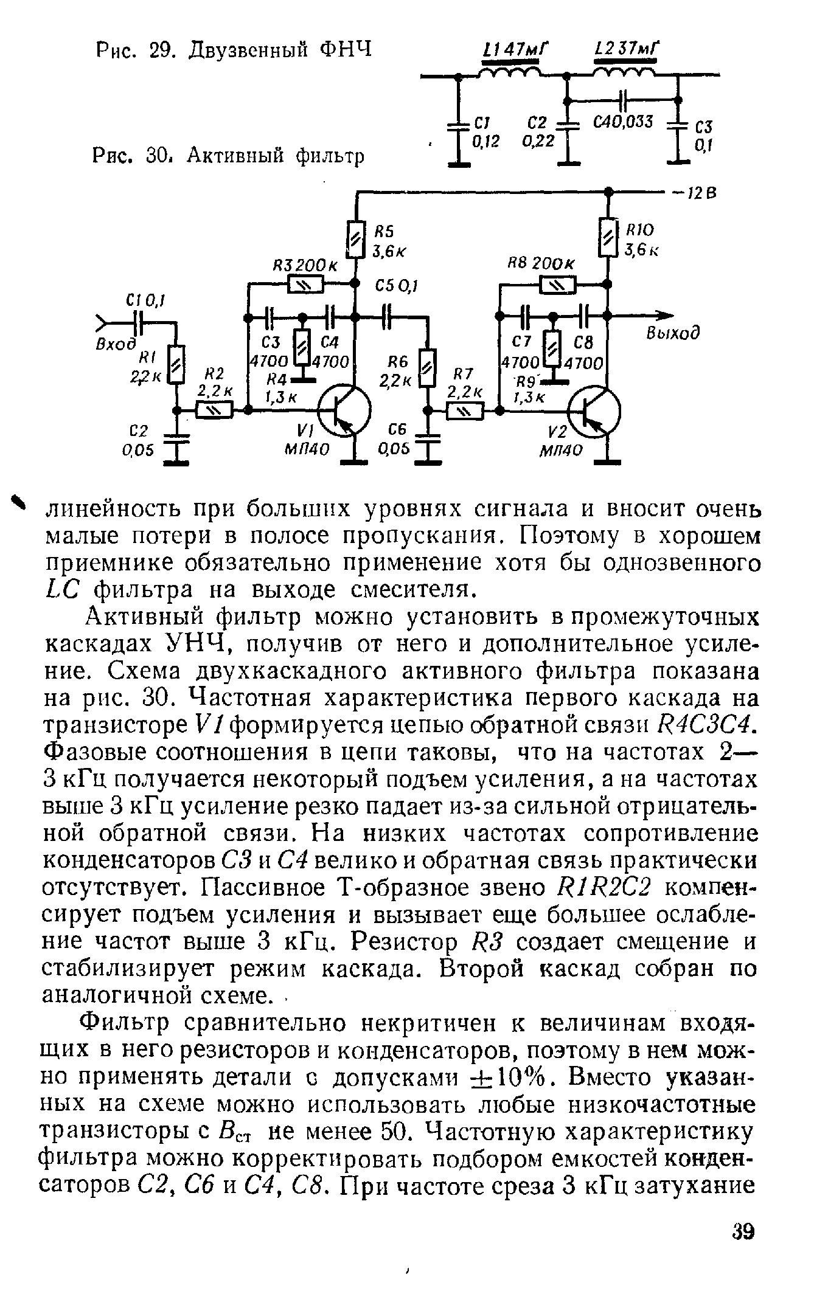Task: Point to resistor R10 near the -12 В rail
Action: coord(607,237)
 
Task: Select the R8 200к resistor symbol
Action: coord(556,283)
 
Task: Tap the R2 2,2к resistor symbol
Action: coord(213,412)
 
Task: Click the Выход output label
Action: coord(672,334)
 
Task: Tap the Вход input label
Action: coord(116,344)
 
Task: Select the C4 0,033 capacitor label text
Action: coord(623,122)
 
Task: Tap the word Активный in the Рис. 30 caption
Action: coord(235,156)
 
